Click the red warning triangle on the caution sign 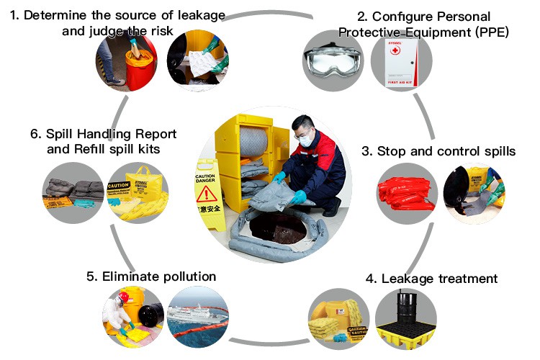[x=207, y=193]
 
